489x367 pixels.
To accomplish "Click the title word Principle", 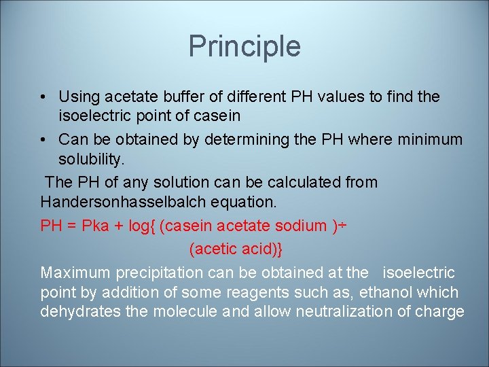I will click(x=244, y=46).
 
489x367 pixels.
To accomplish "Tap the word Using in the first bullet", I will click(x=78, y=97).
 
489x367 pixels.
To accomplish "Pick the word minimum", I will click(x=427, y=140).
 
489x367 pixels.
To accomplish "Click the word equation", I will click(x=244, y=202).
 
